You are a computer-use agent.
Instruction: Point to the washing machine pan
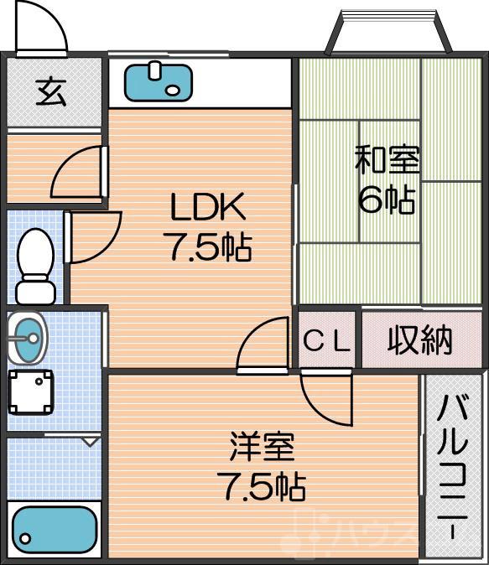pos(32,392)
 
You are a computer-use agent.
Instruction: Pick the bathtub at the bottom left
pos(55,530)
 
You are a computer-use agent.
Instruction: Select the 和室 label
pos(387,160)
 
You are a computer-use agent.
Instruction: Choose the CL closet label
pos(327,340)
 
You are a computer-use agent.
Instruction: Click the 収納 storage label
pos(419,340)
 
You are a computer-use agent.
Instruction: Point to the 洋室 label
pos(262,447)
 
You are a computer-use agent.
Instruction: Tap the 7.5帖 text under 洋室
pos(262,487)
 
